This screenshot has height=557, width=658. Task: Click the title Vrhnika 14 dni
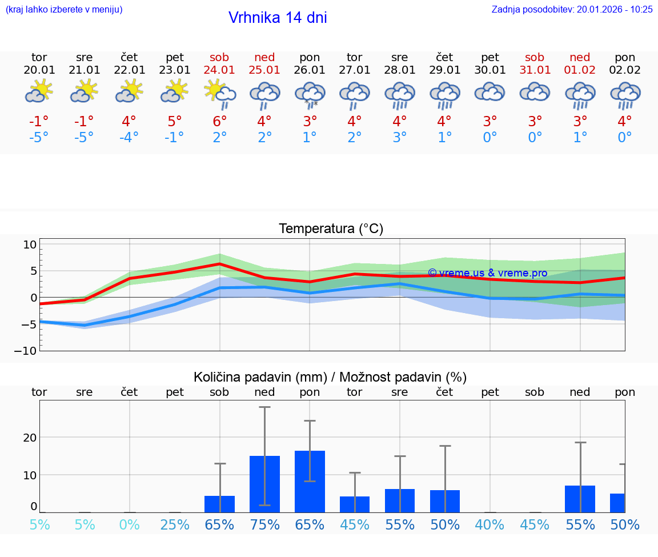click(278, 18)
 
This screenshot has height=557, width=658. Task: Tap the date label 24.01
click(219, 70)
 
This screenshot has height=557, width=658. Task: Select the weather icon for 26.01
click(310, 94)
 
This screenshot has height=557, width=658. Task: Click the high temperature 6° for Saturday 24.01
click(219, 121)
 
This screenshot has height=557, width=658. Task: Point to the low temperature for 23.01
click(174, 137)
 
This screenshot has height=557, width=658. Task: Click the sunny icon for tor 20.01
click(39, 91)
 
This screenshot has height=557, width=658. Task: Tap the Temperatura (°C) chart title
click(331, 229)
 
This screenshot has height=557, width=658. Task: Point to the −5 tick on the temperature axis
click(29, 324)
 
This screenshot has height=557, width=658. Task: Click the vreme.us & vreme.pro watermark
click(487, 273)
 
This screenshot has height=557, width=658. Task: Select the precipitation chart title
click(330, 377)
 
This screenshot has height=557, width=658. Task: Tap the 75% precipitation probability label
click(264, 524)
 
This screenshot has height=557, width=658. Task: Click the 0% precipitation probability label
click(130, 524)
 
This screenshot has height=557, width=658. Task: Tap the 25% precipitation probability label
click(174, 524)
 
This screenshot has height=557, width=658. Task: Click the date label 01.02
click(580, 70)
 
